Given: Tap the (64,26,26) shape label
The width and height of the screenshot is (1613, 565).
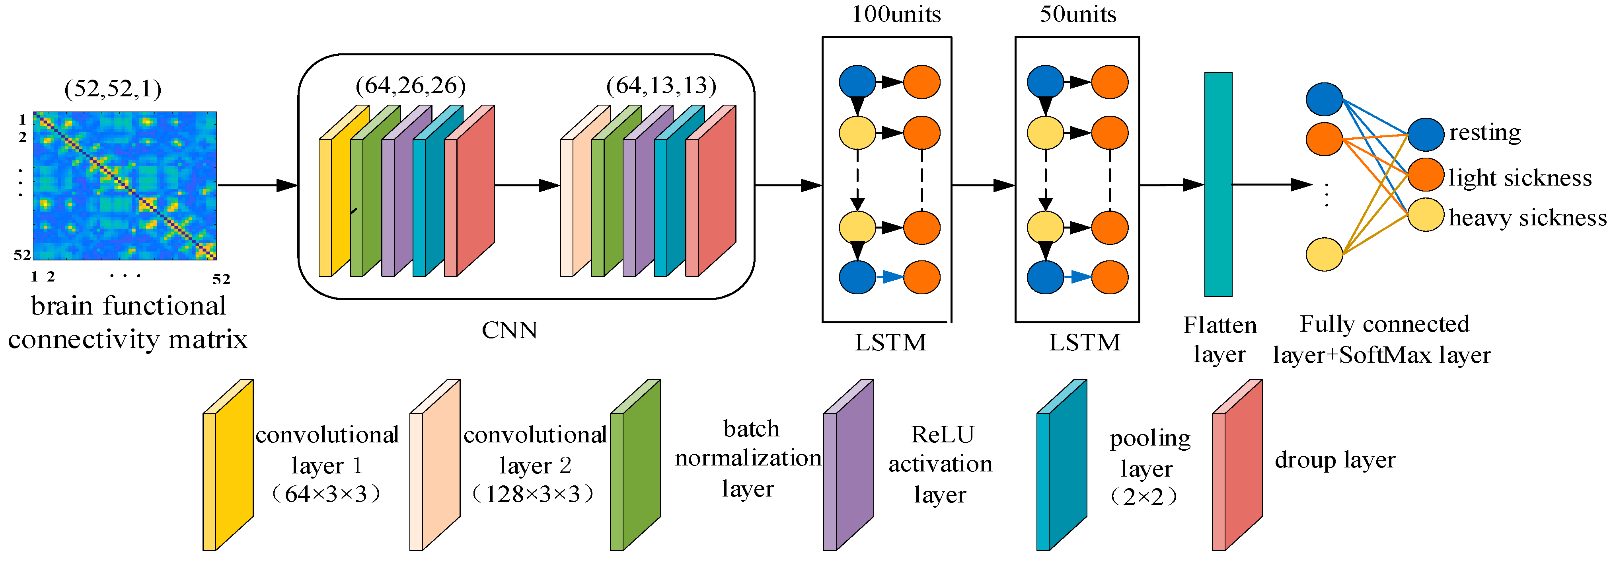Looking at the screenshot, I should [410, 85].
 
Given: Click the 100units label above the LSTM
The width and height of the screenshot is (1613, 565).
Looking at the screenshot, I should [895, 14].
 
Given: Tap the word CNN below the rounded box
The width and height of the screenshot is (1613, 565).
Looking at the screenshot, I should [509, 330].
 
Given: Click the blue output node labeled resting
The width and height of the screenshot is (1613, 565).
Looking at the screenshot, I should [1426, 135].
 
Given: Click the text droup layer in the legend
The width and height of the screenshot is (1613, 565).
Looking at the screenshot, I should [1334, 460].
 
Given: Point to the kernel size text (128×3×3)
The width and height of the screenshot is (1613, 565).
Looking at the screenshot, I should [533, 494].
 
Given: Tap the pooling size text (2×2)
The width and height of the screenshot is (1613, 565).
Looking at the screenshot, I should [1144, 497].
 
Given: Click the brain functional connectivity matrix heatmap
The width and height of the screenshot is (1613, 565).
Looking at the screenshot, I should [125, 186].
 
